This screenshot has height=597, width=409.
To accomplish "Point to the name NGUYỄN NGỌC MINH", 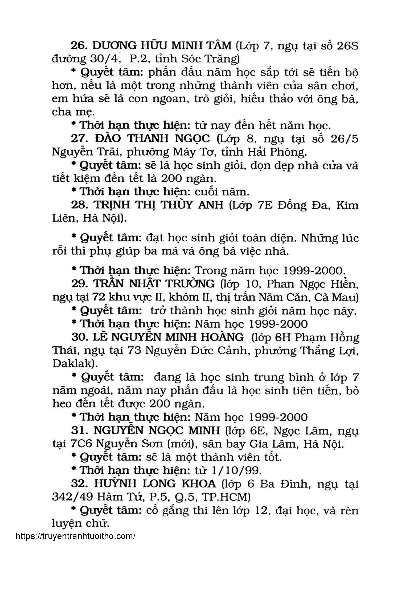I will point(157,431).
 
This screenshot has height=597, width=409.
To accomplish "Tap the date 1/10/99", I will point(238,470).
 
